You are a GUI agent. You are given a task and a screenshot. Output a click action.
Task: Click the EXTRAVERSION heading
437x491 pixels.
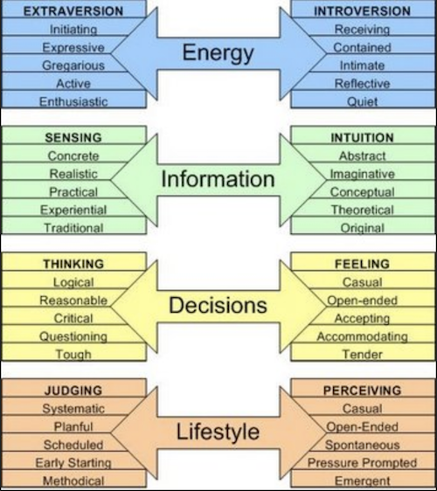pos(73,11)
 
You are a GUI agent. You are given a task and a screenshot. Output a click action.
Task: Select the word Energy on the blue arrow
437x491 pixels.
pos(218,53)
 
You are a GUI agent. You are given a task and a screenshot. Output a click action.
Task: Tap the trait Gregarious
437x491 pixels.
pos(73,66)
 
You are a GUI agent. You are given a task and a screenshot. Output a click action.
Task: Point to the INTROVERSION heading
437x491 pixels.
pos(362,11)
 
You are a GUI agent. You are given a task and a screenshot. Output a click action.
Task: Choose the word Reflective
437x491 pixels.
pos(362,84)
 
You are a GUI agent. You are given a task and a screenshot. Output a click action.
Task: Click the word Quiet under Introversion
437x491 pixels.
pos(362,101)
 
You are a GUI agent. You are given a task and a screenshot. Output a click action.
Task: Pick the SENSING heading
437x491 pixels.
pos(73,138)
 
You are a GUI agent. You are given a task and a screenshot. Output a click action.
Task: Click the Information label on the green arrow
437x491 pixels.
pos(218,179)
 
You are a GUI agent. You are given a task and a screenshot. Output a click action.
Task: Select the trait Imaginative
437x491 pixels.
pos(362,174)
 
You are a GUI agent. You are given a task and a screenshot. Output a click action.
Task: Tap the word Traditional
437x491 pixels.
pos(73,228)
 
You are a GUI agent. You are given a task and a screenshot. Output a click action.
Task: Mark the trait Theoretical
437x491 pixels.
pos(362,210)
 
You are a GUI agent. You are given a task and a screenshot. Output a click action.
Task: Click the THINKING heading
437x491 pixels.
pos(73,264)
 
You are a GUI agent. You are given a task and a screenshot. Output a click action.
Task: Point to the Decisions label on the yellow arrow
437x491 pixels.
pos(218,305)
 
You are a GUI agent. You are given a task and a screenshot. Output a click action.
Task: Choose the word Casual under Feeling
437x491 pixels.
pos(362,282)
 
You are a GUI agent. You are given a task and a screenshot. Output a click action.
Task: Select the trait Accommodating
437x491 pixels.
pos(362,336)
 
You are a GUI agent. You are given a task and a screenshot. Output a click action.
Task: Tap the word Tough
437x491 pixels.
pos(73,355)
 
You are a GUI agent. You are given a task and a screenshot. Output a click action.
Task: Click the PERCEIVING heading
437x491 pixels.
pos(362,391)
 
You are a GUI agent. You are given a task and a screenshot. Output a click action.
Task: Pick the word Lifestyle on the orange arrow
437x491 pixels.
pos(218,432)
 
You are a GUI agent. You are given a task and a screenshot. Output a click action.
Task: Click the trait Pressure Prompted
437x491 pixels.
pos(362,463)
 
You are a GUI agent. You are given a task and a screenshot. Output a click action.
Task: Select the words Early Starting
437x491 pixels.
pos(73,463)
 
